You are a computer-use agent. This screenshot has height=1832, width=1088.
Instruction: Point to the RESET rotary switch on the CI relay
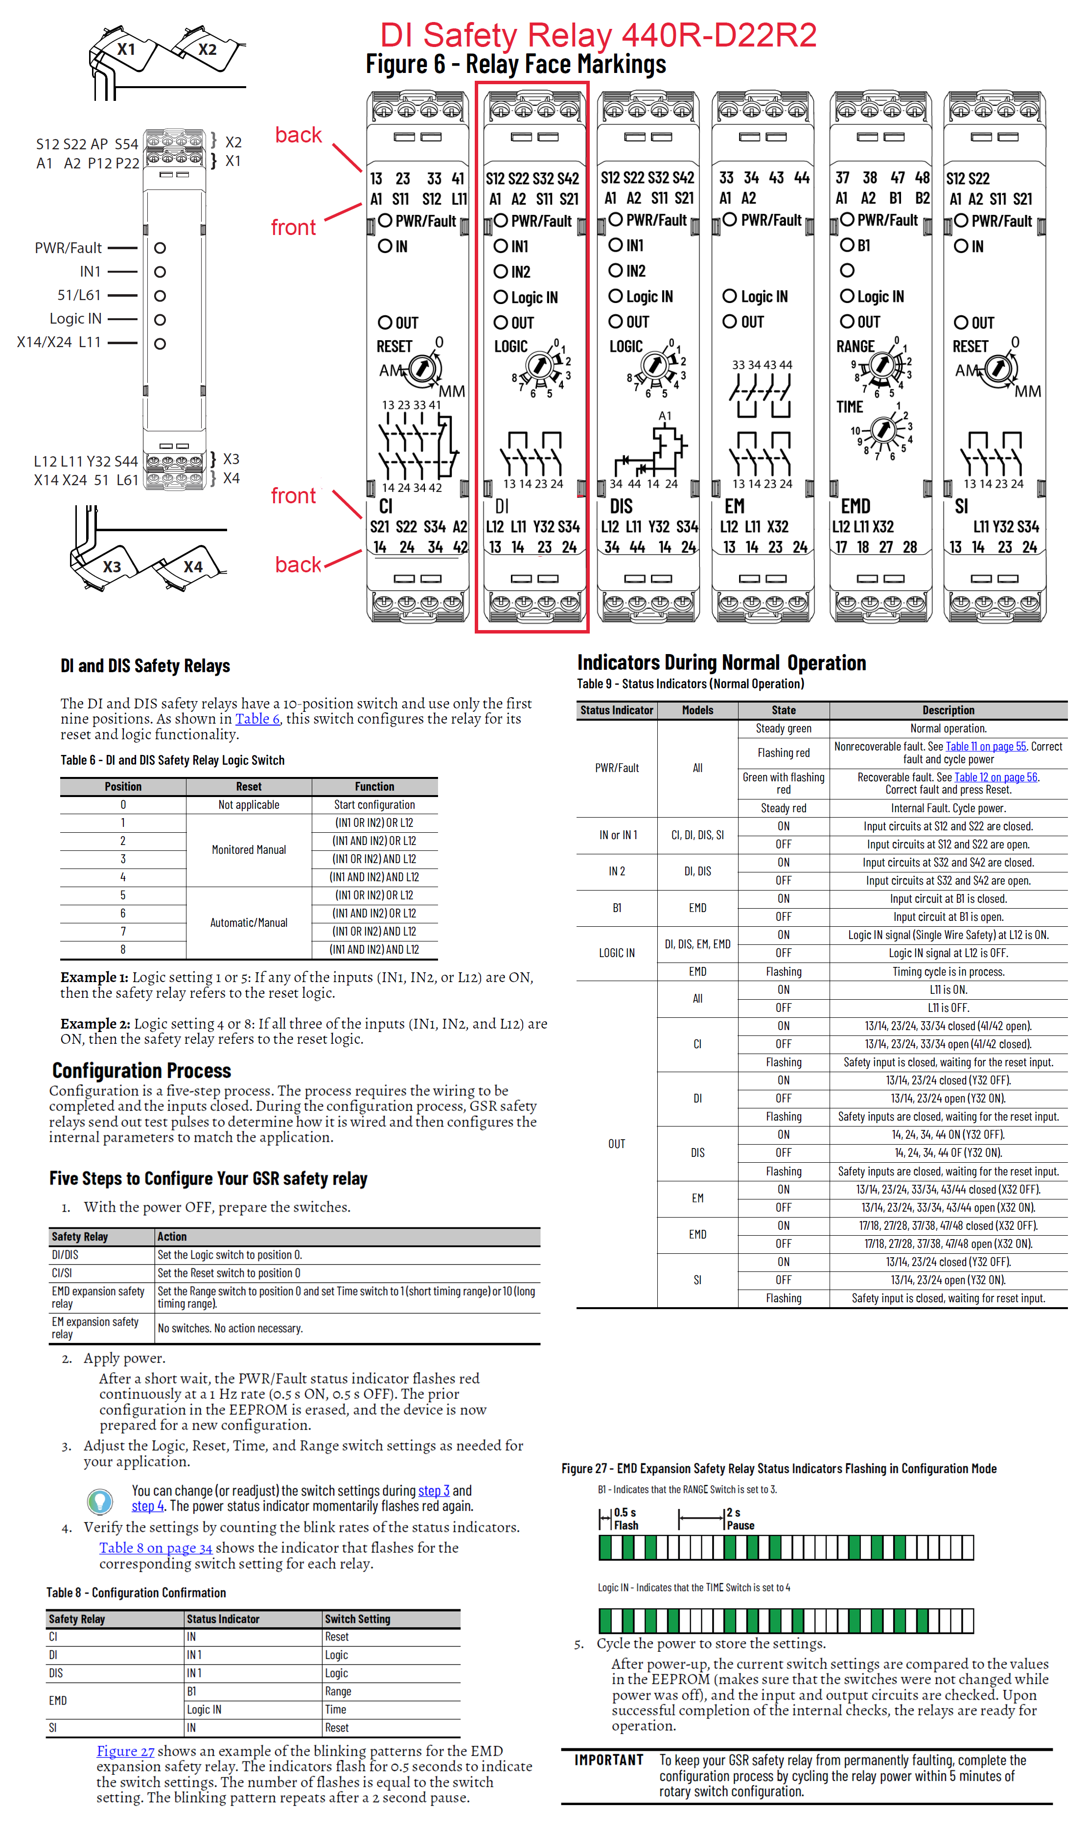click(421, 368)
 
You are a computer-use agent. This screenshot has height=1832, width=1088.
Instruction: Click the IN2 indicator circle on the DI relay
click(501, 272)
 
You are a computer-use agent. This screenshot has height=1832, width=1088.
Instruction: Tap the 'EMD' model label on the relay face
click(855, 506)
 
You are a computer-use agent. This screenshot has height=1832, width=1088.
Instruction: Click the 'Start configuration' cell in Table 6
click(374, 804)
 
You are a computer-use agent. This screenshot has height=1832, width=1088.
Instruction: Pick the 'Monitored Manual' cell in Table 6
click(249, 849)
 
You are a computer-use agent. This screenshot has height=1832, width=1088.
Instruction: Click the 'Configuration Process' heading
click(141, 1070)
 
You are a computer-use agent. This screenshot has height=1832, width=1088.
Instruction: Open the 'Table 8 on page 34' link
click(156, 1548)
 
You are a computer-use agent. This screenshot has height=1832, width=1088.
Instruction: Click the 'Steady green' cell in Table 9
click(783, 728)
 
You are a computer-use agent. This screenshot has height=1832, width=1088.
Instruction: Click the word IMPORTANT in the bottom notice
click(608, 1760)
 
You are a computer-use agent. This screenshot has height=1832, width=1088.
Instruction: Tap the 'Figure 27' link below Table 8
click(125, 1751)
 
